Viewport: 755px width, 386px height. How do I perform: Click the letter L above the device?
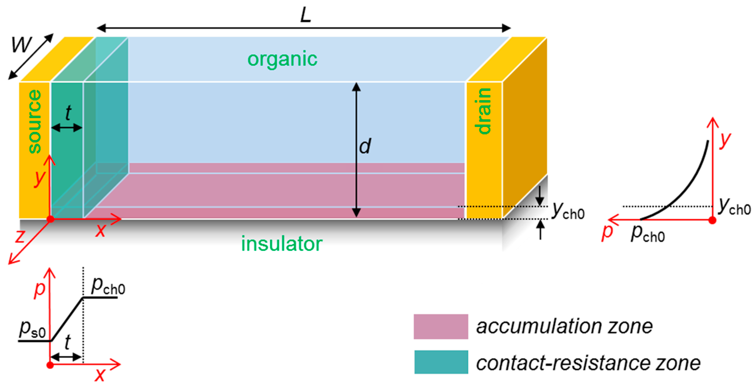[305, 15]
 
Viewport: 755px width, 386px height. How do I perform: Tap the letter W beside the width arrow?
[21, 45]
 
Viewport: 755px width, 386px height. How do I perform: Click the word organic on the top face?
[282, 59]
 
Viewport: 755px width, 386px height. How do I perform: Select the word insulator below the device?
[282, 244]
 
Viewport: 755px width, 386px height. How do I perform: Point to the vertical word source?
[35, 121]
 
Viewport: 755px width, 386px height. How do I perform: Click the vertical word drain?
[483, 111]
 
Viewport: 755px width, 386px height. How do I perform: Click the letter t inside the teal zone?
[68, 113]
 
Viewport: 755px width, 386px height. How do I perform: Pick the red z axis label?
[20, 236]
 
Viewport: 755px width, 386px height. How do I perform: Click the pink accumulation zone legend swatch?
[441, 326]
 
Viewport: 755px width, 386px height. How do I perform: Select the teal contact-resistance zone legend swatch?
[441, 362]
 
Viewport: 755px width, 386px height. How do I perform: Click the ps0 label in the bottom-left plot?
[32, 329]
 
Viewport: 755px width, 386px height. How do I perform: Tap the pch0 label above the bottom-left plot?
[108, 286]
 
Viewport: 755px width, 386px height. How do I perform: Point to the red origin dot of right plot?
[712, 220]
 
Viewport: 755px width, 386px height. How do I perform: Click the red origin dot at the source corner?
[50, 219]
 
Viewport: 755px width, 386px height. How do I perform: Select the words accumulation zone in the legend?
[564, 326]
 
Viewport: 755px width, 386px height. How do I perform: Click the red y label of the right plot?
[725, 140]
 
